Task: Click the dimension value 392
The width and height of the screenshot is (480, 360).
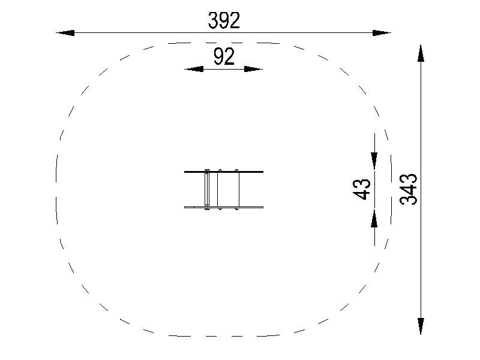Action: (x=224, y=20)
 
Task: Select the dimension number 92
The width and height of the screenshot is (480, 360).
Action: (x=224, y=56)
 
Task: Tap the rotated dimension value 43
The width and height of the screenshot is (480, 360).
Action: (x=362, y=189)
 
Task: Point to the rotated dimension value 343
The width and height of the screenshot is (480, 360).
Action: (x=409, y=189)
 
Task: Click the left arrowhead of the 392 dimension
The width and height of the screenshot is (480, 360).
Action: (x=65, y=33)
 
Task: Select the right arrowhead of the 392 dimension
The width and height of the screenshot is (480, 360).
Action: (x=382, y=33)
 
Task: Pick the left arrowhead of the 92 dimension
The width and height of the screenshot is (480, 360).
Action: (x=194, y=69)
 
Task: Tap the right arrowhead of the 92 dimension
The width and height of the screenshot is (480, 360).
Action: (x=253, y=69)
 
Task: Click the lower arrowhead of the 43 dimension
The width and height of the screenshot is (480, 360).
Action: (x=374, y=218)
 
